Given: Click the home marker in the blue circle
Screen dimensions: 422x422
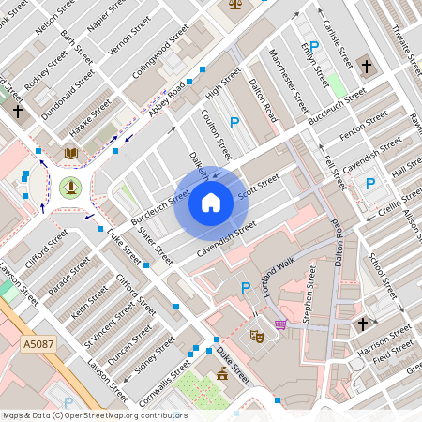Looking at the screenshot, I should (211, 201).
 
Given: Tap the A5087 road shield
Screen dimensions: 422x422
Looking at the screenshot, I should (37, 346).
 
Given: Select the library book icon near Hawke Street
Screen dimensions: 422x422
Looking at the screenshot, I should (70, 152).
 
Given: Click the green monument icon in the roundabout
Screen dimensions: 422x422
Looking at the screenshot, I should (69, 187).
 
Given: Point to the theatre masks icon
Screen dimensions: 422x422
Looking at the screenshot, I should (256, 335).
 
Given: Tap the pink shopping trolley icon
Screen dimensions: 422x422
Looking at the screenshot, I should (280, 324).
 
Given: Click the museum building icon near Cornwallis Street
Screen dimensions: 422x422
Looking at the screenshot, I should (221, 375).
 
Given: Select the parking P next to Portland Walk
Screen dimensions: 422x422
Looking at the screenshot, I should (246, 287).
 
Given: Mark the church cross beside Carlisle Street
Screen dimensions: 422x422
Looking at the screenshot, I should (365, 66).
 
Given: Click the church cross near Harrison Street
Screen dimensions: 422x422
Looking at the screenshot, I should (362, 324).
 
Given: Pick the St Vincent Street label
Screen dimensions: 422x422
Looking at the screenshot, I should (105, 318).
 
